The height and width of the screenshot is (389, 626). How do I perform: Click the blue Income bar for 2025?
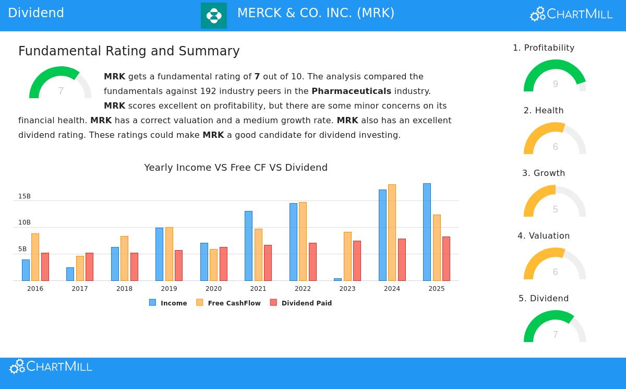[427, 232]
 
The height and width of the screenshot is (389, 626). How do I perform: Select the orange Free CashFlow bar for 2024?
[392, 232]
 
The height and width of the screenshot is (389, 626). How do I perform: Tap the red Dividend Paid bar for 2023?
[357, 261]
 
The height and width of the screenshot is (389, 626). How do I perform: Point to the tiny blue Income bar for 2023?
[338, 279]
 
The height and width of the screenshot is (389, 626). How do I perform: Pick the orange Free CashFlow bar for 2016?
[35, 257]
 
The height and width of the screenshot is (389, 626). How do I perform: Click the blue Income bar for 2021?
[248, 245]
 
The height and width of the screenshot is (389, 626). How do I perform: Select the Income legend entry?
[168, 303]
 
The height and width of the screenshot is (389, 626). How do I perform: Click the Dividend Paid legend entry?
[301, 303]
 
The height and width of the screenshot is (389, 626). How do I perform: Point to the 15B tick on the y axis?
[25, 196]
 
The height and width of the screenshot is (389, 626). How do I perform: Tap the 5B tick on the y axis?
[22, 249]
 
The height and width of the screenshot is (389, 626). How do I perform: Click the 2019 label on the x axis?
[169, 289]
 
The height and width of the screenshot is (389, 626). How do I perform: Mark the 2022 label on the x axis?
[303, 289]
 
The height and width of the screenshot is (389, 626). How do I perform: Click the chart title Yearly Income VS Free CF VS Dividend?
[236, 168]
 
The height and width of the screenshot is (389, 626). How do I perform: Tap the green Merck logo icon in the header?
[214, 16]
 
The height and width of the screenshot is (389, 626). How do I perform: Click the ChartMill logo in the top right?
[571, 14]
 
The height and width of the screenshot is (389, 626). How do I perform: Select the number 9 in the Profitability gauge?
[555, 84]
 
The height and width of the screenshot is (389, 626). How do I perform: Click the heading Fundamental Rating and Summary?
[129, 51]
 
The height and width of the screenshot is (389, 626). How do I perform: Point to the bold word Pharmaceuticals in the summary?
[351, 91]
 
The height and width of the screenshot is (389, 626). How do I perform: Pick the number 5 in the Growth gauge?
[555, 209]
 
